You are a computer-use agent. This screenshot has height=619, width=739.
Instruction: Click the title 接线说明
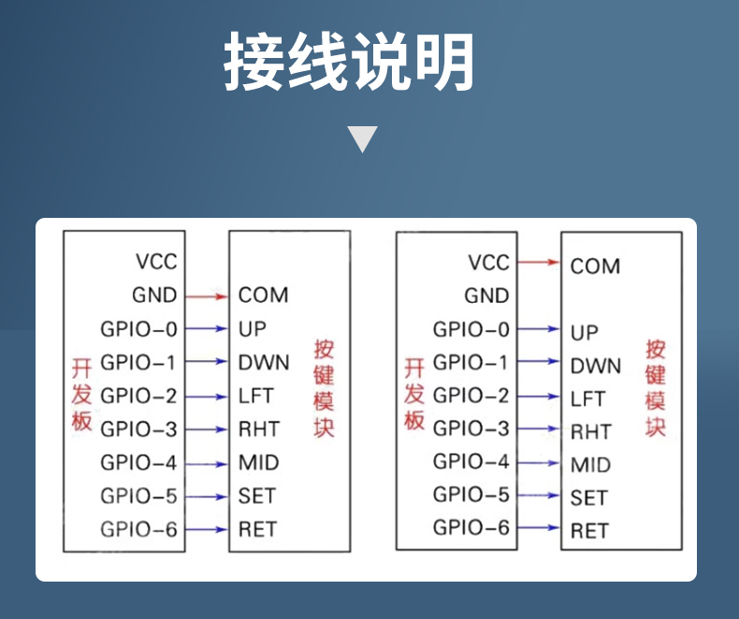(x=349, y=61)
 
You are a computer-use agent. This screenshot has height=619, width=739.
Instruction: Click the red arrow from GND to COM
(x=207, y=296)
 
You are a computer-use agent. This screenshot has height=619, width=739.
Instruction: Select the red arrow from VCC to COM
(x=539, y=262)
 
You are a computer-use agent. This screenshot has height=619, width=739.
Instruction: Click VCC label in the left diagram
(x=156, y=262)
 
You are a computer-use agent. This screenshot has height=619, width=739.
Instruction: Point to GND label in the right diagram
(x=486, y=295)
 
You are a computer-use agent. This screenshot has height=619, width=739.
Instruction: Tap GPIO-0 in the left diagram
(x=138, y=329)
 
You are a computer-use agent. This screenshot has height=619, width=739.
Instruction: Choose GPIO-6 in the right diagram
(x=471, y=527)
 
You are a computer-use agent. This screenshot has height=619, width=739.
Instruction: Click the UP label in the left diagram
(x=253, y=329)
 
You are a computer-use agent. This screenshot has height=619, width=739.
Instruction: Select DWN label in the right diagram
(x=596, y=366)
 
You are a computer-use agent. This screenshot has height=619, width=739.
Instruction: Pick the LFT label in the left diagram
(x=256, y=396)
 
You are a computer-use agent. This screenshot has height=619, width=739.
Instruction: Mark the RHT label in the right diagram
(x=591, y=432)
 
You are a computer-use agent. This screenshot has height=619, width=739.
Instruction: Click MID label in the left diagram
(x=259, y=463)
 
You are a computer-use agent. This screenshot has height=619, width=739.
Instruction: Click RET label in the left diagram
(x=257, y=529)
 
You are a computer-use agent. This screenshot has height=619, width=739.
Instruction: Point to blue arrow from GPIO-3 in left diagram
(x=207, y=429)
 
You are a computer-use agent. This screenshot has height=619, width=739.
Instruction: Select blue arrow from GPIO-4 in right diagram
(x=539, y=463)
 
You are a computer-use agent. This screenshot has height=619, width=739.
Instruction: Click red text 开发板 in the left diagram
(x=81, y=395)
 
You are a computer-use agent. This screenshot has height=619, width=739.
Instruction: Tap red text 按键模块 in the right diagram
(x=656, y=388)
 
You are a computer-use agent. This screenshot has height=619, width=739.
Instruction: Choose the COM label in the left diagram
(x=264, y=295)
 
